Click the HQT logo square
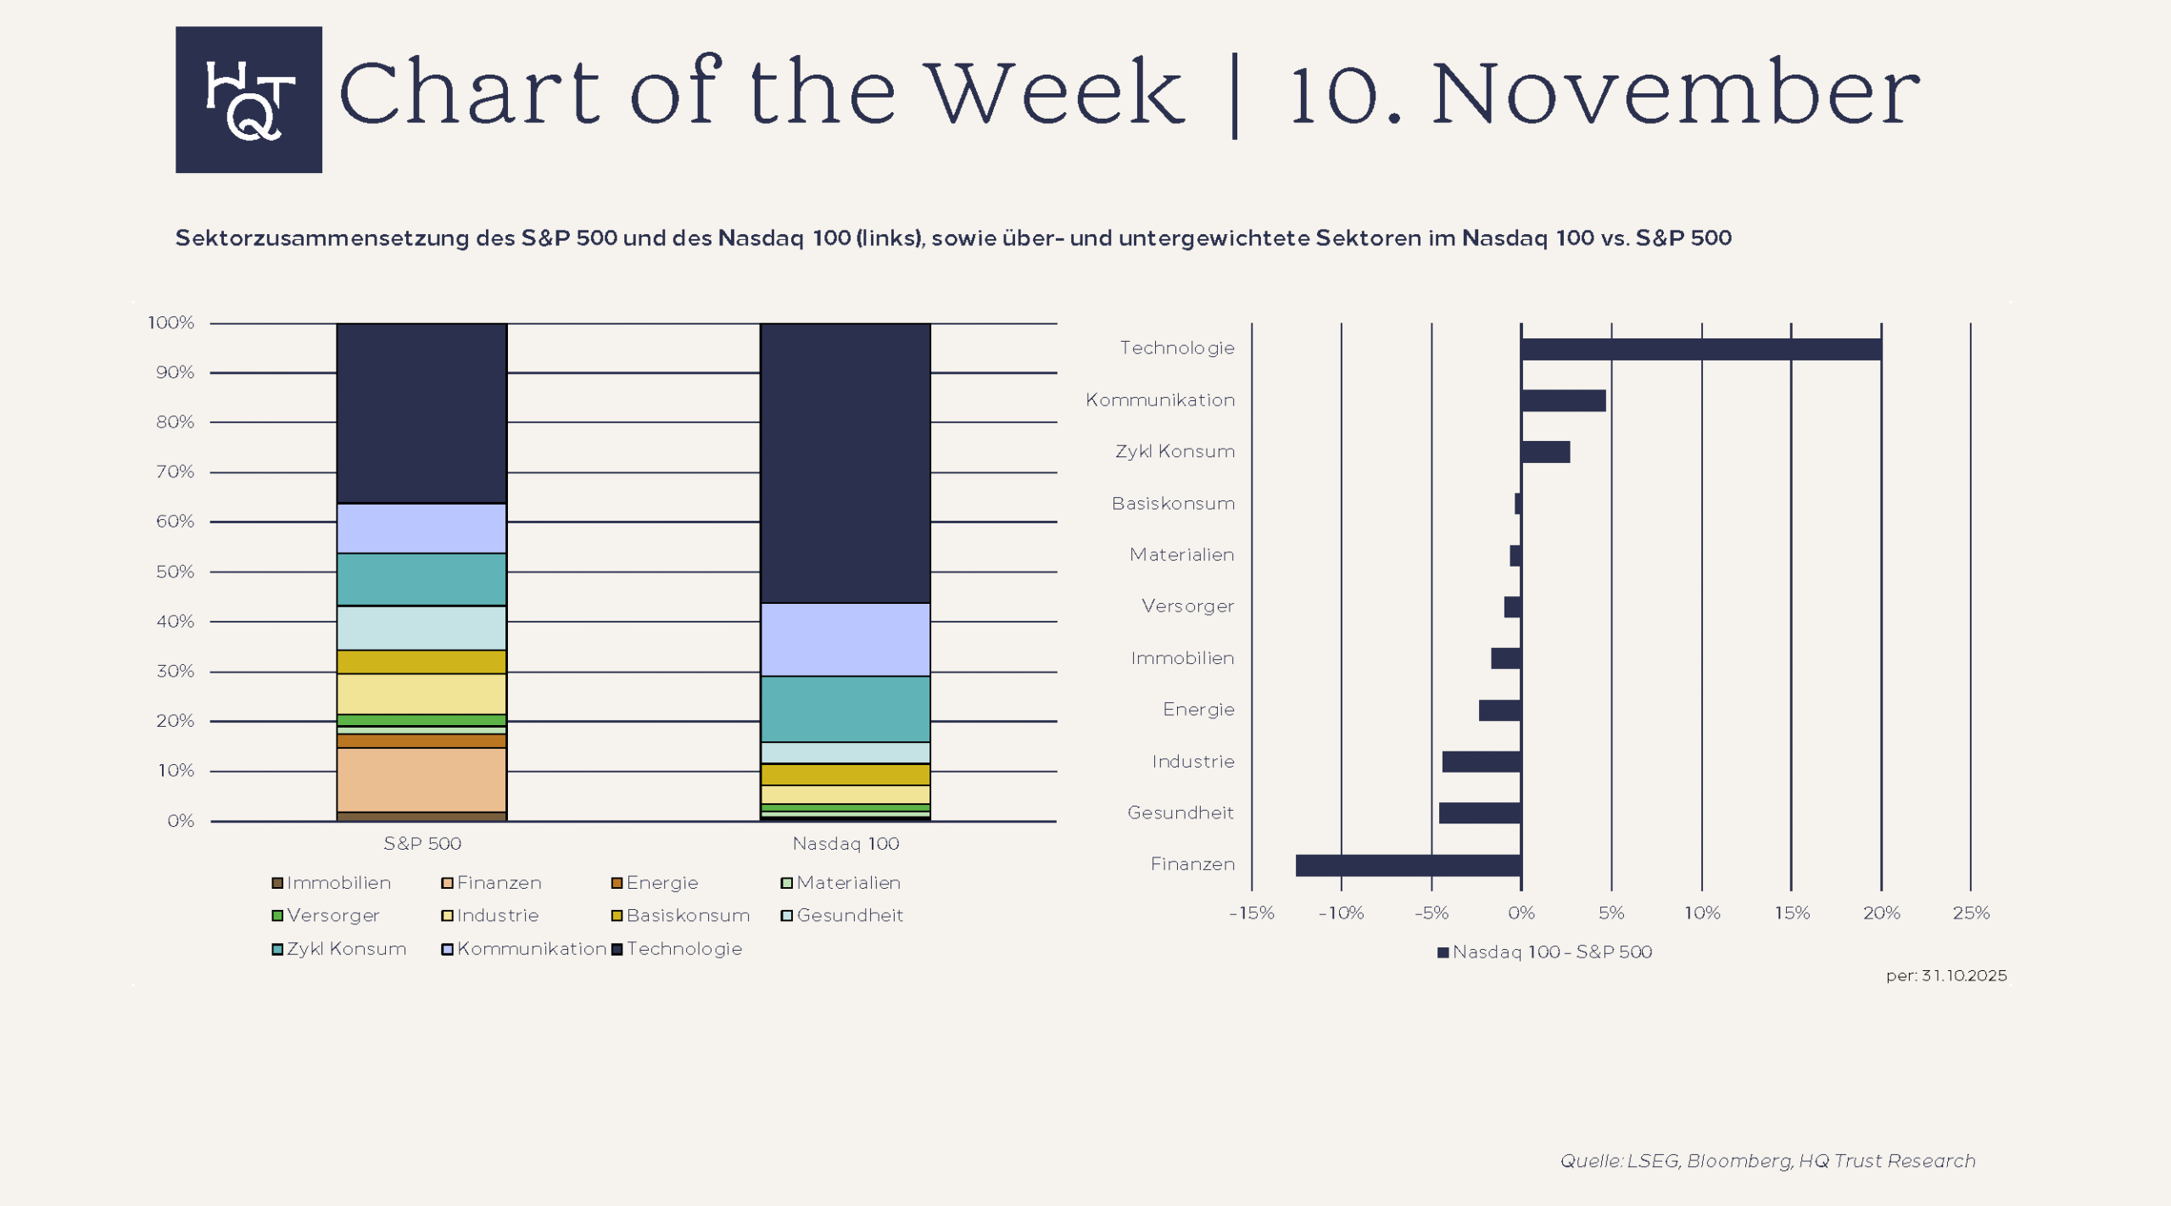pos(248,100)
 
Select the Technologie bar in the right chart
pos(1700,349)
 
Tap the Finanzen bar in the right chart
pos(1408,865)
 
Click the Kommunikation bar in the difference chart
pos(1563,400)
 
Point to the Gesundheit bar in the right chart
pos(1480,813)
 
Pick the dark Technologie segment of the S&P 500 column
pos(421,413)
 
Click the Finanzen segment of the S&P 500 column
pos(421,779)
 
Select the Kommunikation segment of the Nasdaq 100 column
pos(845,639)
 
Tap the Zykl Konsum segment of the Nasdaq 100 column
pos(845,709)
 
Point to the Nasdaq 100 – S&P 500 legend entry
pos(1545,952)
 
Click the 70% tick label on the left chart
pos(175,472)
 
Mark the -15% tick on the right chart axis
pos(1251,913)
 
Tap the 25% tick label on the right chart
pos(1970,913)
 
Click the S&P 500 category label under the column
pos(421,844)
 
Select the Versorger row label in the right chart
pos(1187,606)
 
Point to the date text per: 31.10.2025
pos(1945,976)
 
